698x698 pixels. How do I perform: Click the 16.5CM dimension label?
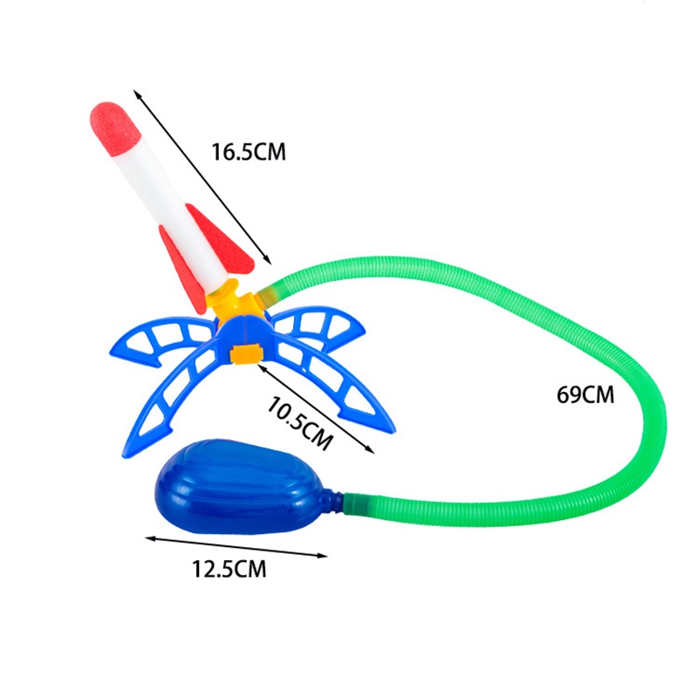point(249,152)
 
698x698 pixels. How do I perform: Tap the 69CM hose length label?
point(585,394)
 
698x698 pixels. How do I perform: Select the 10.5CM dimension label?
point(299,423)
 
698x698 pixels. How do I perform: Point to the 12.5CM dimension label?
point(229,569)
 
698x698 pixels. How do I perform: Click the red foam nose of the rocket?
point(115,128)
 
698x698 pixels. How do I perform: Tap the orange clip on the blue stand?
point(247,354)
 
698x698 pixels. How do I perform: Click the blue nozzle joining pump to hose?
point(337,499)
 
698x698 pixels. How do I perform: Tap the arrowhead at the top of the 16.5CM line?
point(137,93)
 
